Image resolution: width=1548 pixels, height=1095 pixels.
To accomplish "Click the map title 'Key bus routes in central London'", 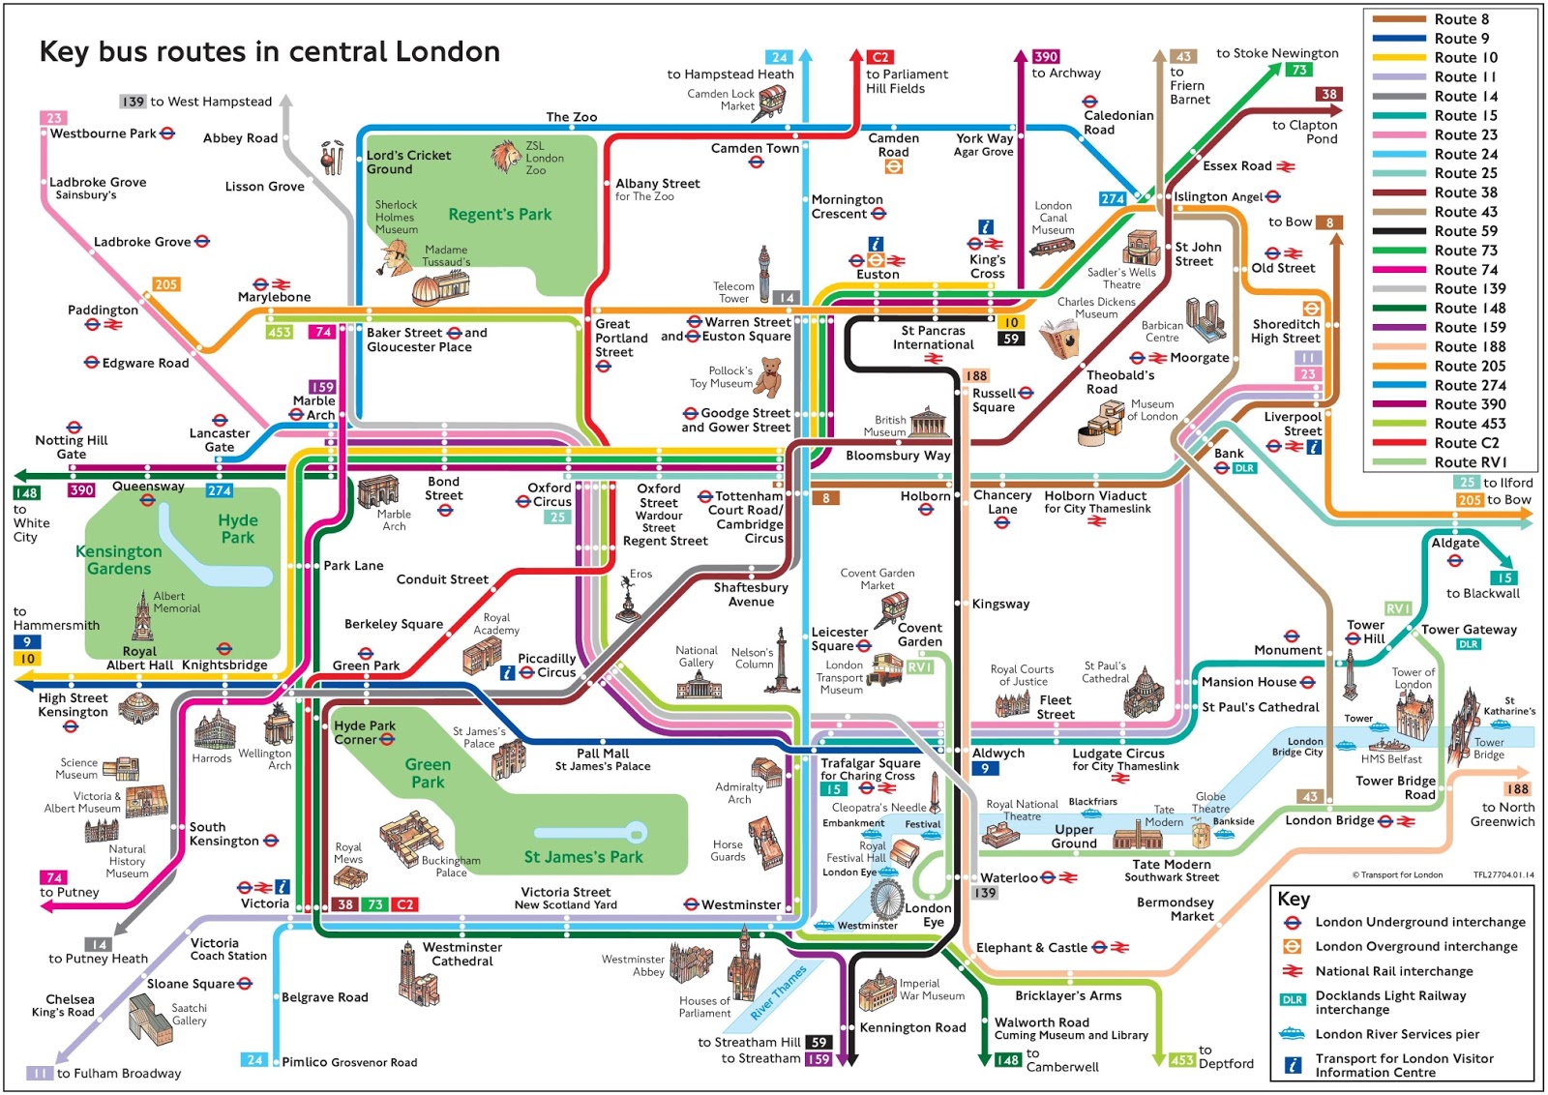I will tap(269, 51).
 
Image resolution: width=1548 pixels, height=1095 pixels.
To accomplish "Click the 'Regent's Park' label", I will tap(499, 215).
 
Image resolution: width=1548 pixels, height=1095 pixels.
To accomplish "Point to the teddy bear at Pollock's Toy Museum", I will tap(769, 377).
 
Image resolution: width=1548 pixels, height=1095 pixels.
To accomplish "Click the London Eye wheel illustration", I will tap(885, 900).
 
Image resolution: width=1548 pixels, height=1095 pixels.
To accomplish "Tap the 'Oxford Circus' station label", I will tap(550, 494).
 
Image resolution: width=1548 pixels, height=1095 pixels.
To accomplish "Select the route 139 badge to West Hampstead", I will tap(133, 102).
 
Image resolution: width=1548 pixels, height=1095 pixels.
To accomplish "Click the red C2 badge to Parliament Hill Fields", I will tap(880, 57).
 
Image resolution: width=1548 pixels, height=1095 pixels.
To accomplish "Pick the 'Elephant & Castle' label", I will tap(1031, 948).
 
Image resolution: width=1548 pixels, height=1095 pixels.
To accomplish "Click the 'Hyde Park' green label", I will tap(237, 528).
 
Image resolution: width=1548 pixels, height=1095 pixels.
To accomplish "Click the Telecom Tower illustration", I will tap(763, 276).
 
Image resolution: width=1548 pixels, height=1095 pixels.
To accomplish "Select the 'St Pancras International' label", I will tap(933, 338).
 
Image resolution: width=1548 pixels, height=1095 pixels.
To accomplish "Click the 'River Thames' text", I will tap(779, 992).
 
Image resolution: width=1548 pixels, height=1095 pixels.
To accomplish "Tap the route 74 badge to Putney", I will tap(54, 877).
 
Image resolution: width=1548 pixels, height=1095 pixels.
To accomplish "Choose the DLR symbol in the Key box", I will tap(1292, 1000).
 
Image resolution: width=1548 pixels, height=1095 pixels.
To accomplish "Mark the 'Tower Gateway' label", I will tap(1469, 630).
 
